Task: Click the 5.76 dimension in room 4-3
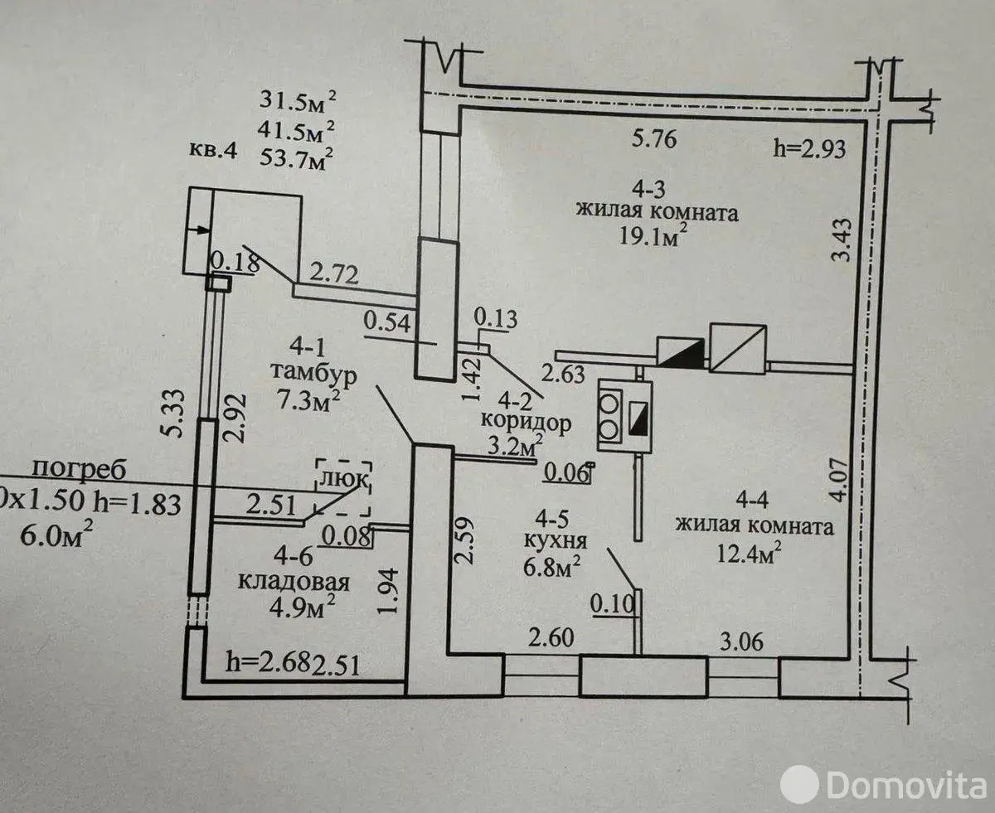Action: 654,139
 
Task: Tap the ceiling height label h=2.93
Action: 809,149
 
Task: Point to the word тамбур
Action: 313,375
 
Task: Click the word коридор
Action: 526,423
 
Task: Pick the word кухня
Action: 556,541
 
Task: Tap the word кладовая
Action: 294,583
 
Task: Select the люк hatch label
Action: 343,479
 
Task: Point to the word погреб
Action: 79,470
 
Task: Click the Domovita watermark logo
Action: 883,785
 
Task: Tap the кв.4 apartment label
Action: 212,151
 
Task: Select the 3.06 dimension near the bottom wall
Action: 741,642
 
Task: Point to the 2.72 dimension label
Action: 333,274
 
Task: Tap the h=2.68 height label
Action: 267,662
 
